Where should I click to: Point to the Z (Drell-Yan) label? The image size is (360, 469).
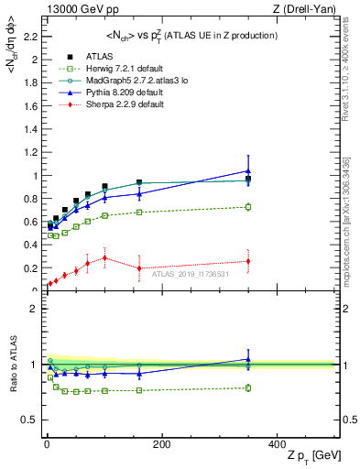click(306, 9)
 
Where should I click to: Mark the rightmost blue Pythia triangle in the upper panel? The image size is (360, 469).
click(247, 170)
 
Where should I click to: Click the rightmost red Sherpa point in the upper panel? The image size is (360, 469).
click(247, 261)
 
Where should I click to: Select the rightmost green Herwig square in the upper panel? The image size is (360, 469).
click(247, 207)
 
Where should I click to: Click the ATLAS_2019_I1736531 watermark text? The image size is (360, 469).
click(191, 274)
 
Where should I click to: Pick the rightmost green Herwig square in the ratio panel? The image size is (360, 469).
click(247, 387)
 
